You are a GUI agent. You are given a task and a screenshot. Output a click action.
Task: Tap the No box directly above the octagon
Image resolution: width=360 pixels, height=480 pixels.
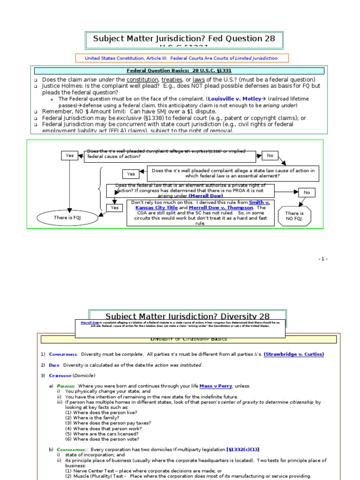click(307, 192)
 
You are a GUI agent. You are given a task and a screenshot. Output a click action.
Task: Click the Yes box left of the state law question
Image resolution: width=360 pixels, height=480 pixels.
click(131, 174)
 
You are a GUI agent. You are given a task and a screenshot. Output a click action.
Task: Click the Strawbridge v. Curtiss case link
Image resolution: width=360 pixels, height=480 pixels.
click(293, 354)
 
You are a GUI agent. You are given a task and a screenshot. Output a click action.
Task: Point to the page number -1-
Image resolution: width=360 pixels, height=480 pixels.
click(323, 259)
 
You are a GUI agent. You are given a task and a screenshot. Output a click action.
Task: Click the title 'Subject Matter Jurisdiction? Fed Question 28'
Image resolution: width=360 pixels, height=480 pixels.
click(183, 38)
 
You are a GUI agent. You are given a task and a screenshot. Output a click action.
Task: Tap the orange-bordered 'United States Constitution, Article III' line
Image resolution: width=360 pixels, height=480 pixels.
click(182, 58)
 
